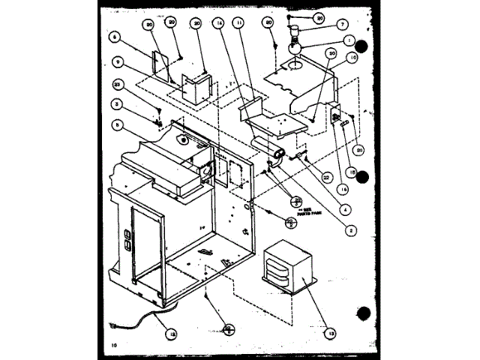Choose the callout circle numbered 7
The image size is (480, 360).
(x=322, y=25)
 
